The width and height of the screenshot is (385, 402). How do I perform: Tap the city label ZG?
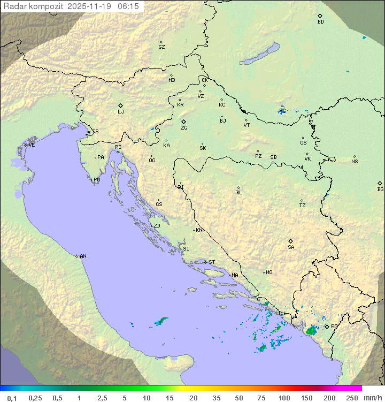click(x=184, y=128)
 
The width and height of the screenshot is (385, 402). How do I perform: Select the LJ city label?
click(x=121, y=112)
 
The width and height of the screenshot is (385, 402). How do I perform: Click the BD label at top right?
click(x=320, y=22)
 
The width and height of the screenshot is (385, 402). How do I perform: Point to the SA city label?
click(x=291, y=247)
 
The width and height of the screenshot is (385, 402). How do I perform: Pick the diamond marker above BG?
click(x=380, y=183)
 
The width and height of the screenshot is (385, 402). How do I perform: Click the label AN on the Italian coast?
click(x=83, y=256)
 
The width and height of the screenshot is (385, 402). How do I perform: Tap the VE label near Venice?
click(x=32, y=145)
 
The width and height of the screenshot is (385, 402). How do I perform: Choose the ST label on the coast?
click(x=212, y=262)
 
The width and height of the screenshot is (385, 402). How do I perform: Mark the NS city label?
click(x=355, y=162)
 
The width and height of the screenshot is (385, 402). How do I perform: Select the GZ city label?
click(x=161, y=47)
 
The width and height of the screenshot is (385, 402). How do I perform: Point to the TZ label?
click(x=303, y=206)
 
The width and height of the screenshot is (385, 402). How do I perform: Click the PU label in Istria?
click(x=97, y=180)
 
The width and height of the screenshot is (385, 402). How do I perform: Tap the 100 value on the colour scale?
click(x=284, y=398)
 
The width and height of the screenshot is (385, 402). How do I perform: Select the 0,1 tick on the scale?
click(x=12, y=398)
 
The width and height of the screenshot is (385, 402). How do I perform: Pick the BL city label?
click(x=239, y=193)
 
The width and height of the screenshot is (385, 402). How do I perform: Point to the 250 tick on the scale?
click(x=352, y=398)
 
